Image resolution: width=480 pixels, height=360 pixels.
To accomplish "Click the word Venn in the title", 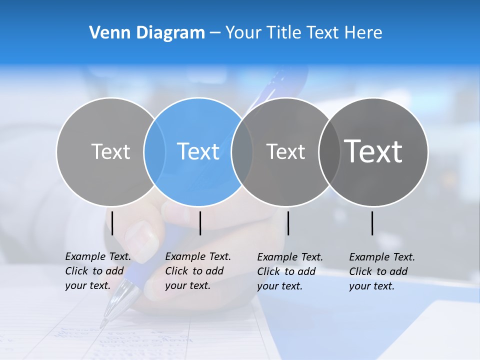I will (107, 33).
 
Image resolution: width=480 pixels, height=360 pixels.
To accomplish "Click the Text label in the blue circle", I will (198, 151).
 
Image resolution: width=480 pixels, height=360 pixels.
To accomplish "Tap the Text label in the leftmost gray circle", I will (111, 151).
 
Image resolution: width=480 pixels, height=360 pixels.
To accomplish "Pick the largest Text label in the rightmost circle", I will (373, 151).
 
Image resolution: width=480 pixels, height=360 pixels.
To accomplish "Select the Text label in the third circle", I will (286, 151).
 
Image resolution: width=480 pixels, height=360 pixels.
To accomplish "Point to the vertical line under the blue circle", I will (200, 223).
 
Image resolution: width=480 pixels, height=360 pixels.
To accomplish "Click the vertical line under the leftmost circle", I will (112, 223).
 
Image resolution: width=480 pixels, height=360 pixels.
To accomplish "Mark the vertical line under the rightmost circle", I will (372, 223).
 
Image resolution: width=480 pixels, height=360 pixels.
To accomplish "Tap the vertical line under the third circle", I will (288, 223).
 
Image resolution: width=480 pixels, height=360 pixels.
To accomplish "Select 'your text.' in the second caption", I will (187, 285).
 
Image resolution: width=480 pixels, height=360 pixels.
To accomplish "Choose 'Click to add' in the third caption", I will (286, 271).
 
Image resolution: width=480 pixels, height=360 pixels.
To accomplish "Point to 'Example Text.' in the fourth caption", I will (382, 257).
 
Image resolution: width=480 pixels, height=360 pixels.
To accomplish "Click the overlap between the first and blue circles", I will (154, 151).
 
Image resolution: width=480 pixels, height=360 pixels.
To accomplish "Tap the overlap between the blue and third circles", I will (242, 151).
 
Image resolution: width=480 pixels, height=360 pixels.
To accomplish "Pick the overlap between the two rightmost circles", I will (329, 151).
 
